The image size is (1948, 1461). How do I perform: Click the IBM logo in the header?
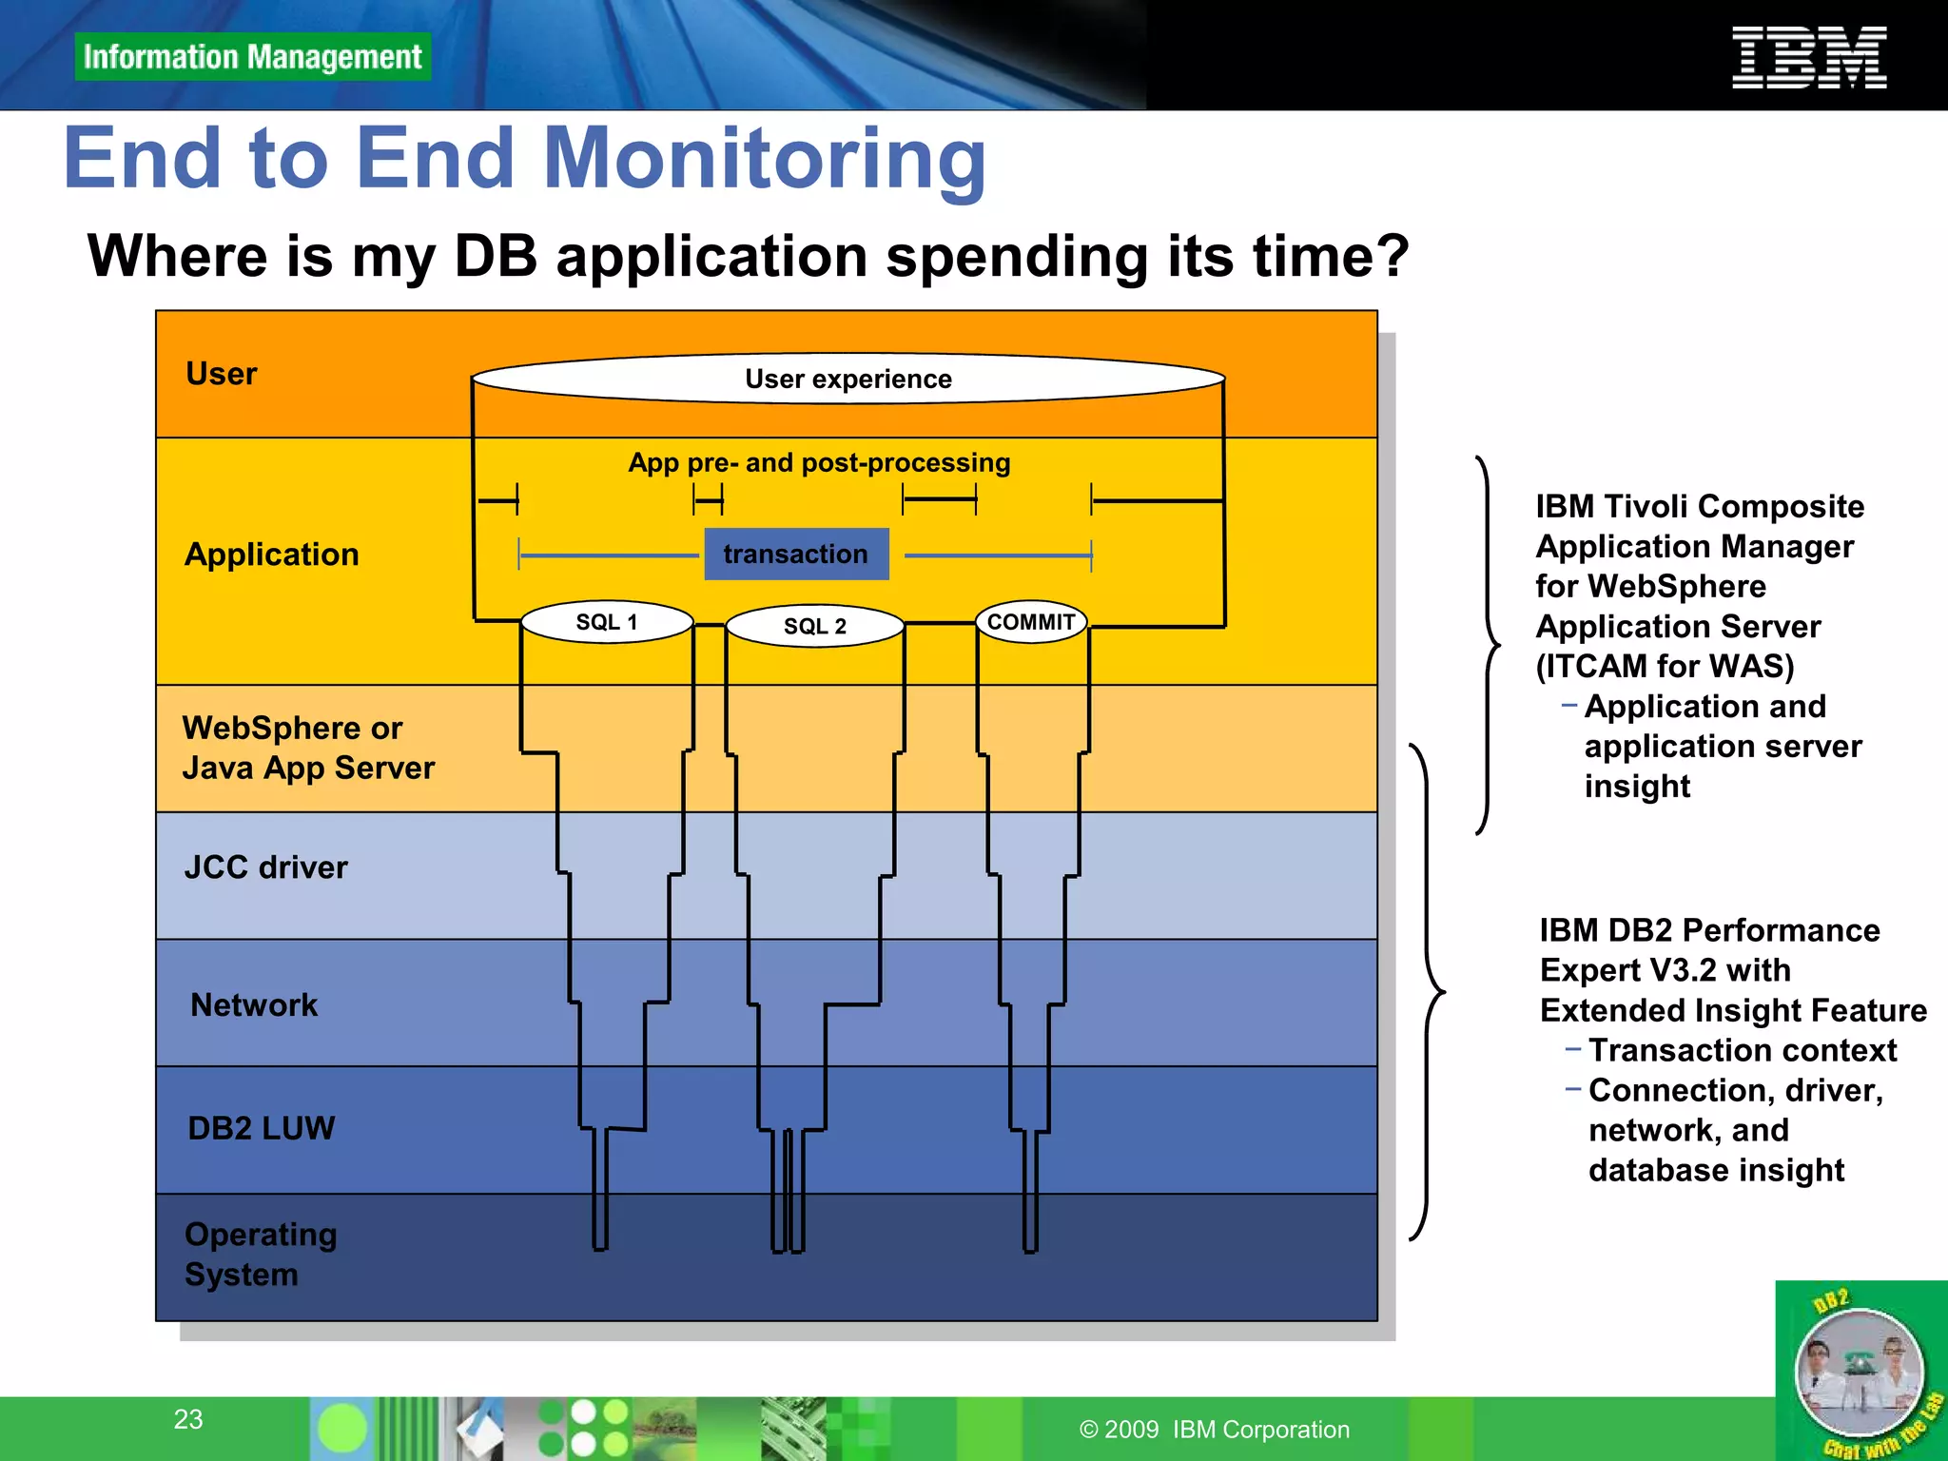[1808, 58]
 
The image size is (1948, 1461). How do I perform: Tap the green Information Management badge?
[252, 57]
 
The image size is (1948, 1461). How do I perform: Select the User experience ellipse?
[847, 379]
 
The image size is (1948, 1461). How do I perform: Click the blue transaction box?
[796, 554]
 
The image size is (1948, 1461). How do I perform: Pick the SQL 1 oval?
[607, 622]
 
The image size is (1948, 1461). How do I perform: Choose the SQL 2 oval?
[814, 626]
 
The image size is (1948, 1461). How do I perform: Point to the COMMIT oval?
[1031, 622]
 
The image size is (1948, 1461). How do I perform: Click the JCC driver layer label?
[265, 867]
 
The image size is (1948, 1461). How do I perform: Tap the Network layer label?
[254, 1005]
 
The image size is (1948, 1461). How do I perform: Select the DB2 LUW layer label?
[262, 1128]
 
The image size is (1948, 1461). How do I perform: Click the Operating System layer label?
[260, 1254]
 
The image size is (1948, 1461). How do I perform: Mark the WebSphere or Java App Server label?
[307, 748]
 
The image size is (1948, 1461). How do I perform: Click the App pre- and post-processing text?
[819, 463]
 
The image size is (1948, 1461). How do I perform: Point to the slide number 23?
[188, 1419]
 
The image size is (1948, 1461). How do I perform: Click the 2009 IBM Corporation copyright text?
[1215, 1430]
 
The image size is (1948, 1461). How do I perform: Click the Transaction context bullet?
[1742, 1050]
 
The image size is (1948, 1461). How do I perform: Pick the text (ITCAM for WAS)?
[1665, 666]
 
